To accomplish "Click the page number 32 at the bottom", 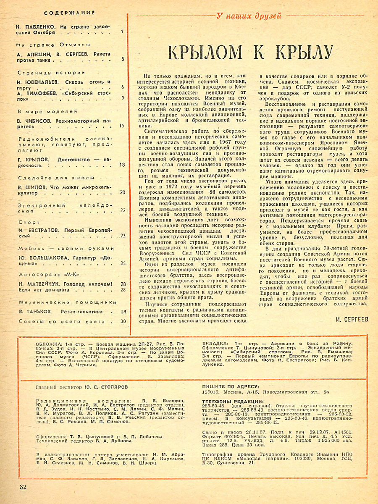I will pyautogui.click(x=23, y=487).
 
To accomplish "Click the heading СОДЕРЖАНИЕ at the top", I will pyautogui.click(x=69, y=13).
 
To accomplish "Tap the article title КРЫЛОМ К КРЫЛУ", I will pyautogui.click(x=250, y=52).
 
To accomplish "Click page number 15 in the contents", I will pyautogui.click(x=122, y=125).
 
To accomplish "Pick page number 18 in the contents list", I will pyautogui.click(x=122, y=165).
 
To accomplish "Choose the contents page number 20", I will pyautogui.click(x=122, y=192).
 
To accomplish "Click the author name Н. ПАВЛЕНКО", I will pyautogui.click(x=36, y=26).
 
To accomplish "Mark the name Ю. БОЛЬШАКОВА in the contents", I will pyautogui.click(x=44, y=258).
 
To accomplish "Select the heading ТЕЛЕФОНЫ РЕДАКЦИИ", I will pyautogui.click(x=232, y=402).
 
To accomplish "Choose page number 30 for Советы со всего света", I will pyautogui.click(x=123, y=322).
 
